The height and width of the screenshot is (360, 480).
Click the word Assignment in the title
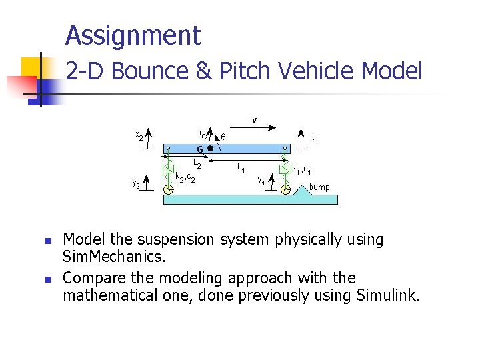pyautogui.click(x=133, y=35)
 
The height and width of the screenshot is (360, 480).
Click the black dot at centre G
pyautogui.click(x=210, y=148)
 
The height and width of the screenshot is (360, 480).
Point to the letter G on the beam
pyautogui.click(x=199, y=149)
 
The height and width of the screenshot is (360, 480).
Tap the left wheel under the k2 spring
pyautogui.click(x=169, y=189)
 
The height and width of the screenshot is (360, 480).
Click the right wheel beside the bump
pyautogui.click(x=285, y=189)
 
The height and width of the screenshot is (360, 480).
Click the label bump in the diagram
pyautogui.click(x=319, y=187)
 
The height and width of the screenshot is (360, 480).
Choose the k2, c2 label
pyautogui.click(x=185, y=177)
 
